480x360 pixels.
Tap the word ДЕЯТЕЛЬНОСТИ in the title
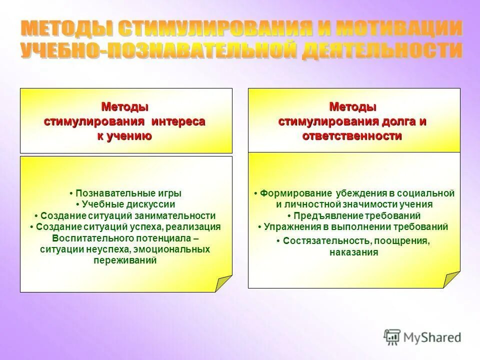click(381, 51)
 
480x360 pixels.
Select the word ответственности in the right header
click(352, 135)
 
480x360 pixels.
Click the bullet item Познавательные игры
click(125, 193)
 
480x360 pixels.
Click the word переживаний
click(125, 260)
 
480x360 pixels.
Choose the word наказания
click(353, 252)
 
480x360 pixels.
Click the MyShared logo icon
click(391, 336)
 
